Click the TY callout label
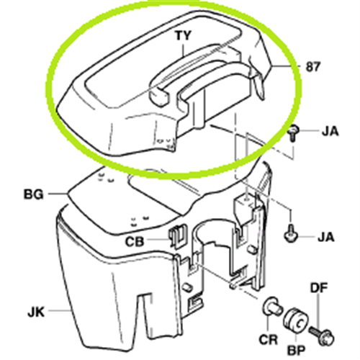(x=184, y=35)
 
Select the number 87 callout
(x=312, y=66)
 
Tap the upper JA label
(x=330, y=131)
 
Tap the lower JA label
(x=326, y=237)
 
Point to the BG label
(x=34, y=194)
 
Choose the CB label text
(x=135, y=241)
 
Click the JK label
(x=36, y=312)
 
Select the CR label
(x=269, y=339)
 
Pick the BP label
(x=296, y=350)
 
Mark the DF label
(x=319, y=288)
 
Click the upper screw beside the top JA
(x=293, y=134)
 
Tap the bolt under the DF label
(x=322, y=335)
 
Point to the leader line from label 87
(x=286, y=66)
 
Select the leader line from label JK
(x=60, y=311)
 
